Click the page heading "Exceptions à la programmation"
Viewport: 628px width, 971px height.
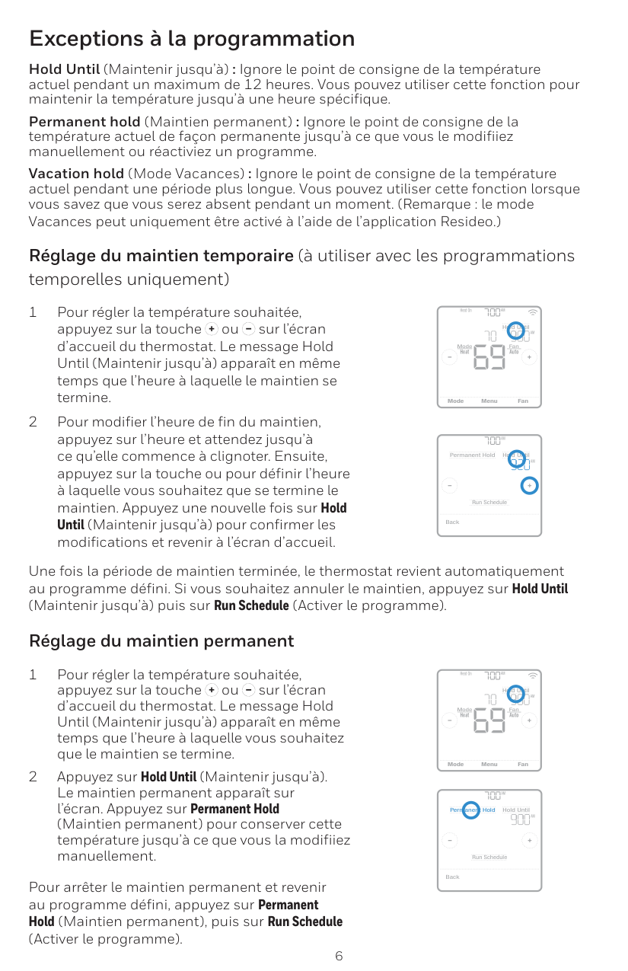point(192,38)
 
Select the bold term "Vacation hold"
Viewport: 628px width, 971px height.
point(76,174)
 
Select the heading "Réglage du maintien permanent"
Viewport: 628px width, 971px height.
point(161,640)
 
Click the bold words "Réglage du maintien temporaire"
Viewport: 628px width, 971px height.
point(161,255)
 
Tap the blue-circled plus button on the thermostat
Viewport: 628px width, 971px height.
point(529,486)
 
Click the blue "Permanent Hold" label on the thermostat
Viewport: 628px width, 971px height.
point(472,810)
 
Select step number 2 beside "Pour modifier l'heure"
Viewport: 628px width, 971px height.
point(33,422)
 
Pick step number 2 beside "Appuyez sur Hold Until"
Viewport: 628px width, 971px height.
point(33,777)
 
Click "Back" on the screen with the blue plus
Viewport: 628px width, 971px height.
point(452,522)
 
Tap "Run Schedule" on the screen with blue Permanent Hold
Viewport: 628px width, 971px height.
point(489,857)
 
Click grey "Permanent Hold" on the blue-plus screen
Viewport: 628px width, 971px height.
point(472,455)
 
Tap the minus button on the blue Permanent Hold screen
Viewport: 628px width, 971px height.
point(450,841)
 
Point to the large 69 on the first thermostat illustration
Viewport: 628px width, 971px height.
point(489,357)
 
